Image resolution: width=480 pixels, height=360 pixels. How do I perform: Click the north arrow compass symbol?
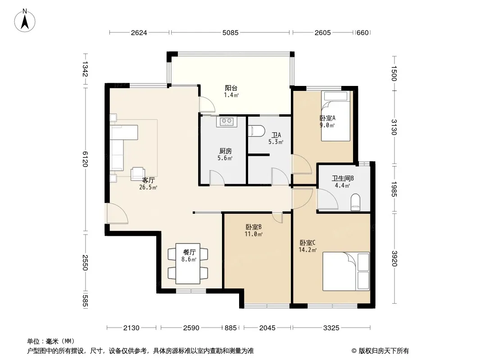point(25,21)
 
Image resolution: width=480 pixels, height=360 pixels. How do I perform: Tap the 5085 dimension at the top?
point(230,33)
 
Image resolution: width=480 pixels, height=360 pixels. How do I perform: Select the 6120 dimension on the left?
point(85,159)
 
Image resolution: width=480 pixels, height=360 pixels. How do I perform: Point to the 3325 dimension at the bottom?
point(331,328)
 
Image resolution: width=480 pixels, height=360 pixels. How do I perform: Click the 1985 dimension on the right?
point(394,189)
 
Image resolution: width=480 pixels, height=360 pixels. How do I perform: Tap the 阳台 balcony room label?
point(231,88)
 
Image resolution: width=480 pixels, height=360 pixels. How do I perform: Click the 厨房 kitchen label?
point(226,151)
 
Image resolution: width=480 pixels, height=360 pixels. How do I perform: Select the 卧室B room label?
point(254,227)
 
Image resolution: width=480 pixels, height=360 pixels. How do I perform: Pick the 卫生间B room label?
point(343,178)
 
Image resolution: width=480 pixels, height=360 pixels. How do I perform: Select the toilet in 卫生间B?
point(355,202)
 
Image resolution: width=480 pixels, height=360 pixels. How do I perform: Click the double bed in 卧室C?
point(346,271)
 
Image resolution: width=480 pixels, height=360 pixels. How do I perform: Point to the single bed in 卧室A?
point(335,116)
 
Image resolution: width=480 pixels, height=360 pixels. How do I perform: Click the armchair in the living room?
point(138,174)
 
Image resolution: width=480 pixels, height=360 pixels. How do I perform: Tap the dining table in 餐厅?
point(188,263)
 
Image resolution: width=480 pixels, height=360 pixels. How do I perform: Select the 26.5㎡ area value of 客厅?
point(148,188)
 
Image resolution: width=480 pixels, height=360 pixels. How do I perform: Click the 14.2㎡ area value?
point(308,250)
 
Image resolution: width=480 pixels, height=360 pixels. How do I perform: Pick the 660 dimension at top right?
point(363,33)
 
